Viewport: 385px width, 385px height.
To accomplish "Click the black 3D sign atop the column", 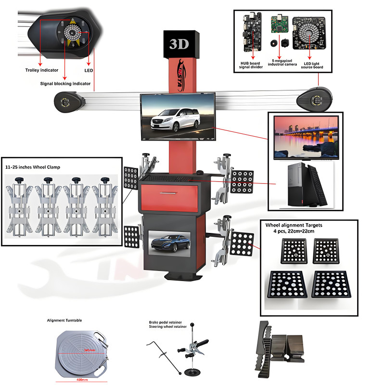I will tap(180, 44).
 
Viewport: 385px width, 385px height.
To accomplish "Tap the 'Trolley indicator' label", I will tap(42, 70).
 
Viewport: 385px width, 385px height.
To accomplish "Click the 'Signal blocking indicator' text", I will tap(65, 83).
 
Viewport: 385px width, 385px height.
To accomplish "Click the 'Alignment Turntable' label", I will tap(64, 320).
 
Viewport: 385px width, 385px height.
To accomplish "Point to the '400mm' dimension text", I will tap(80, 379).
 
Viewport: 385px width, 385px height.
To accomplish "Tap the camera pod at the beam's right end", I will tap(315, 99).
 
